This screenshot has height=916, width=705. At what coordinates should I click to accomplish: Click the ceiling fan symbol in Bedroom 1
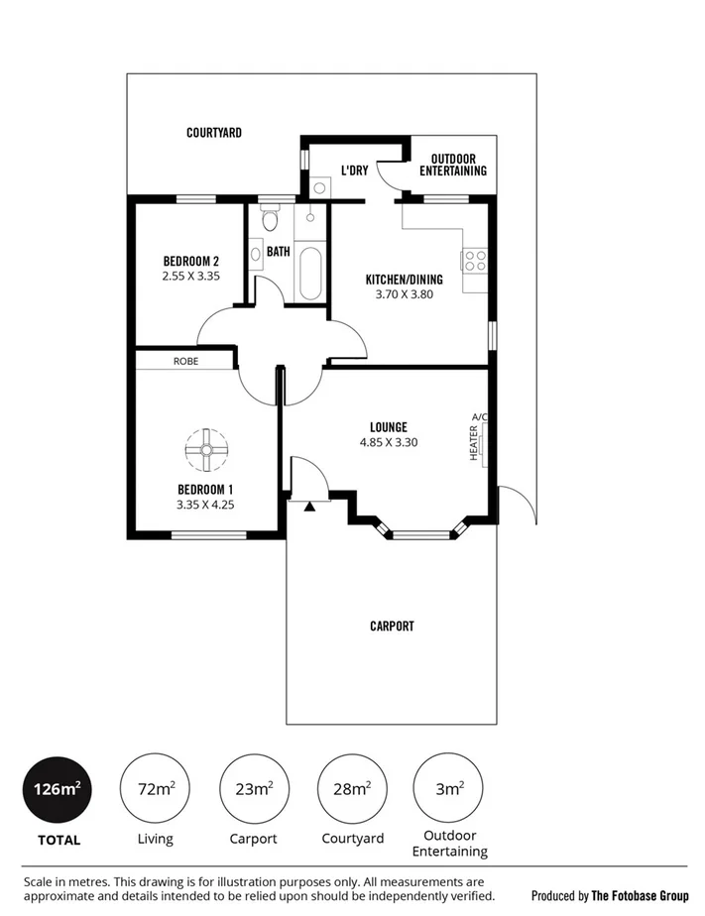click(206, 450)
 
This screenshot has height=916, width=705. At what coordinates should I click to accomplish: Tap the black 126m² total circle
click(56, 789)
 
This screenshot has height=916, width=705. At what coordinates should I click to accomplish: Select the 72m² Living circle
click(155, 789)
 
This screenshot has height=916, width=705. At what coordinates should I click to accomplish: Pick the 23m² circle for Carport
click(254, 789)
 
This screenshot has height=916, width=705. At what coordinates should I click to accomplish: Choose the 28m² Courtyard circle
click(351, 789)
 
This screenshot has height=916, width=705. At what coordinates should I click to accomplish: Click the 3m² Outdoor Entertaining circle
click(448, 789)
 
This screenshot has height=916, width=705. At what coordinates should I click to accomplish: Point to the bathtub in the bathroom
click(309, 274)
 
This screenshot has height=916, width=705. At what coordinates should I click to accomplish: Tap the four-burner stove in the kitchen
click(475, 260)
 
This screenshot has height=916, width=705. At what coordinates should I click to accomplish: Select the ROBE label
click(185, 362)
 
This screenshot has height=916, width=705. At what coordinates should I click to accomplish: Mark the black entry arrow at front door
click(309, 507)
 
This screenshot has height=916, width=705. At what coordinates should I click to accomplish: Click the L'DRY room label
click(354, 171)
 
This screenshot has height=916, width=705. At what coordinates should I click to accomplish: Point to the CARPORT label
click(392, 627)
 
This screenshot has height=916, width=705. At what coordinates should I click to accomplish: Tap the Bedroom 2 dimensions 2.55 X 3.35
click(190, 278)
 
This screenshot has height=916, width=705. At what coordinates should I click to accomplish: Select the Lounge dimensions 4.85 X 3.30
click(388, 442)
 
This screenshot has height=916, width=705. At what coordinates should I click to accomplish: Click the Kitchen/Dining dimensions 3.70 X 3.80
click(404, 294)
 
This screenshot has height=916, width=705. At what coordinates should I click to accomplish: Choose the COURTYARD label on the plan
click(214, 132)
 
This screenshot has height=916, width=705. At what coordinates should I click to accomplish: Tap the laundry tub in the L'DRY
click(319, 186)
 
